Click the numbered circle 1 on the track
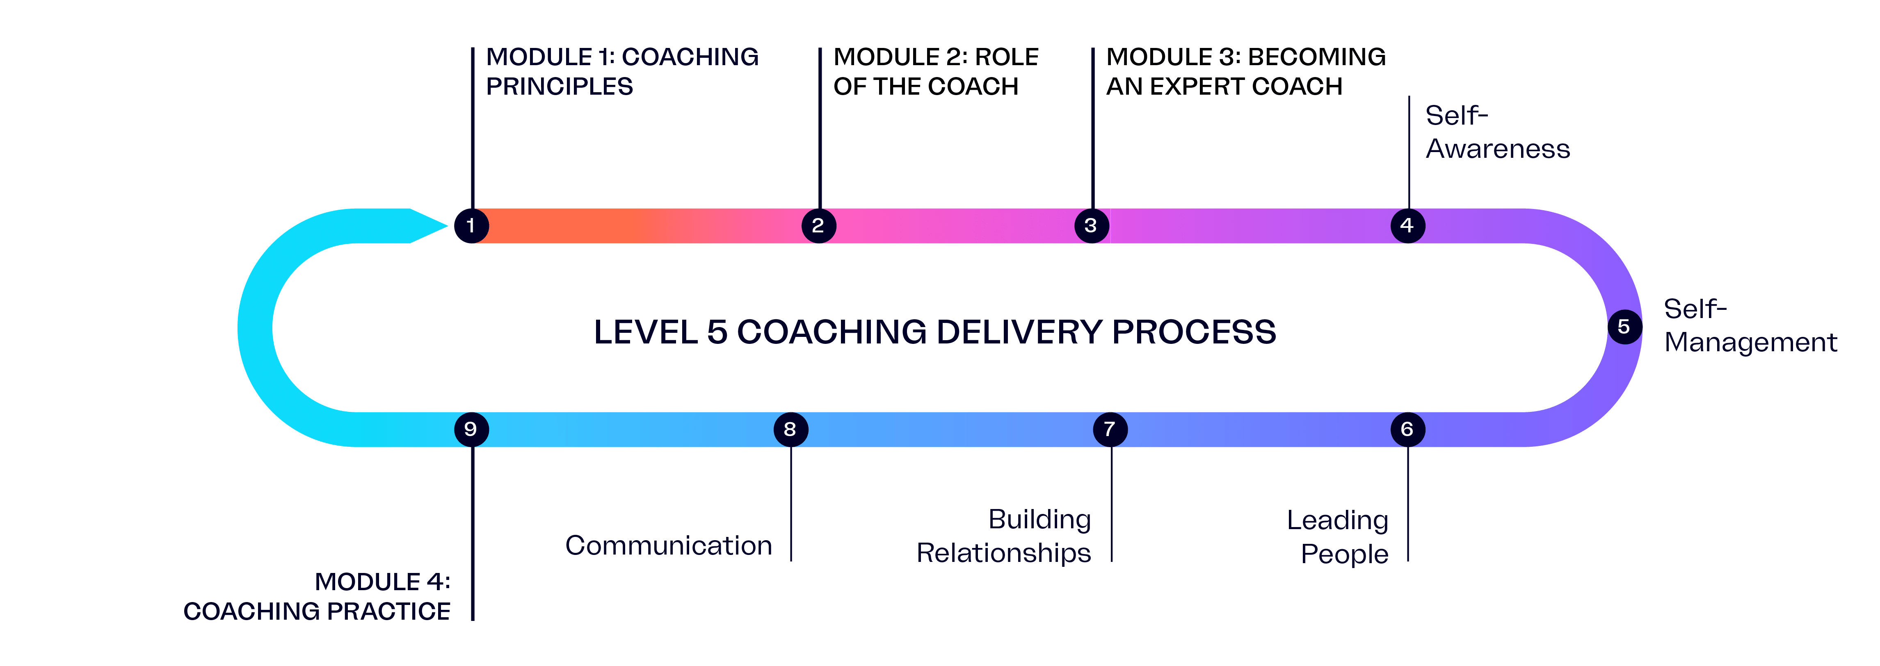click(471, 225)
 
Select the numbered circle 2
click(818, 225)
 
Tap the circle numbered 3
click(1091, 225)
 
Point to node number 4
click(1407, 225)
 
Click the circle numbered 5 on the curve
click(1624, 326)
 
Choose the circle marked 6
click(1407, 429)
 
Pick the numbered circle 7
click(1109, 429)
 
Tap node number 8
click(790, 429)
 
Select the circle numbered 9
click(471, 429)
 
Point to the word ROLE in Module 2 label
click(1006, 57)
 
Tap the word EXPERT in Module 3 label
click(1197, 87)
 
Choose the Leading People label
click(1338, 537)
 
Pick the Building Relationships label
click(1004, 536)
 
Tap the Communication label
click(669, 546)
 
